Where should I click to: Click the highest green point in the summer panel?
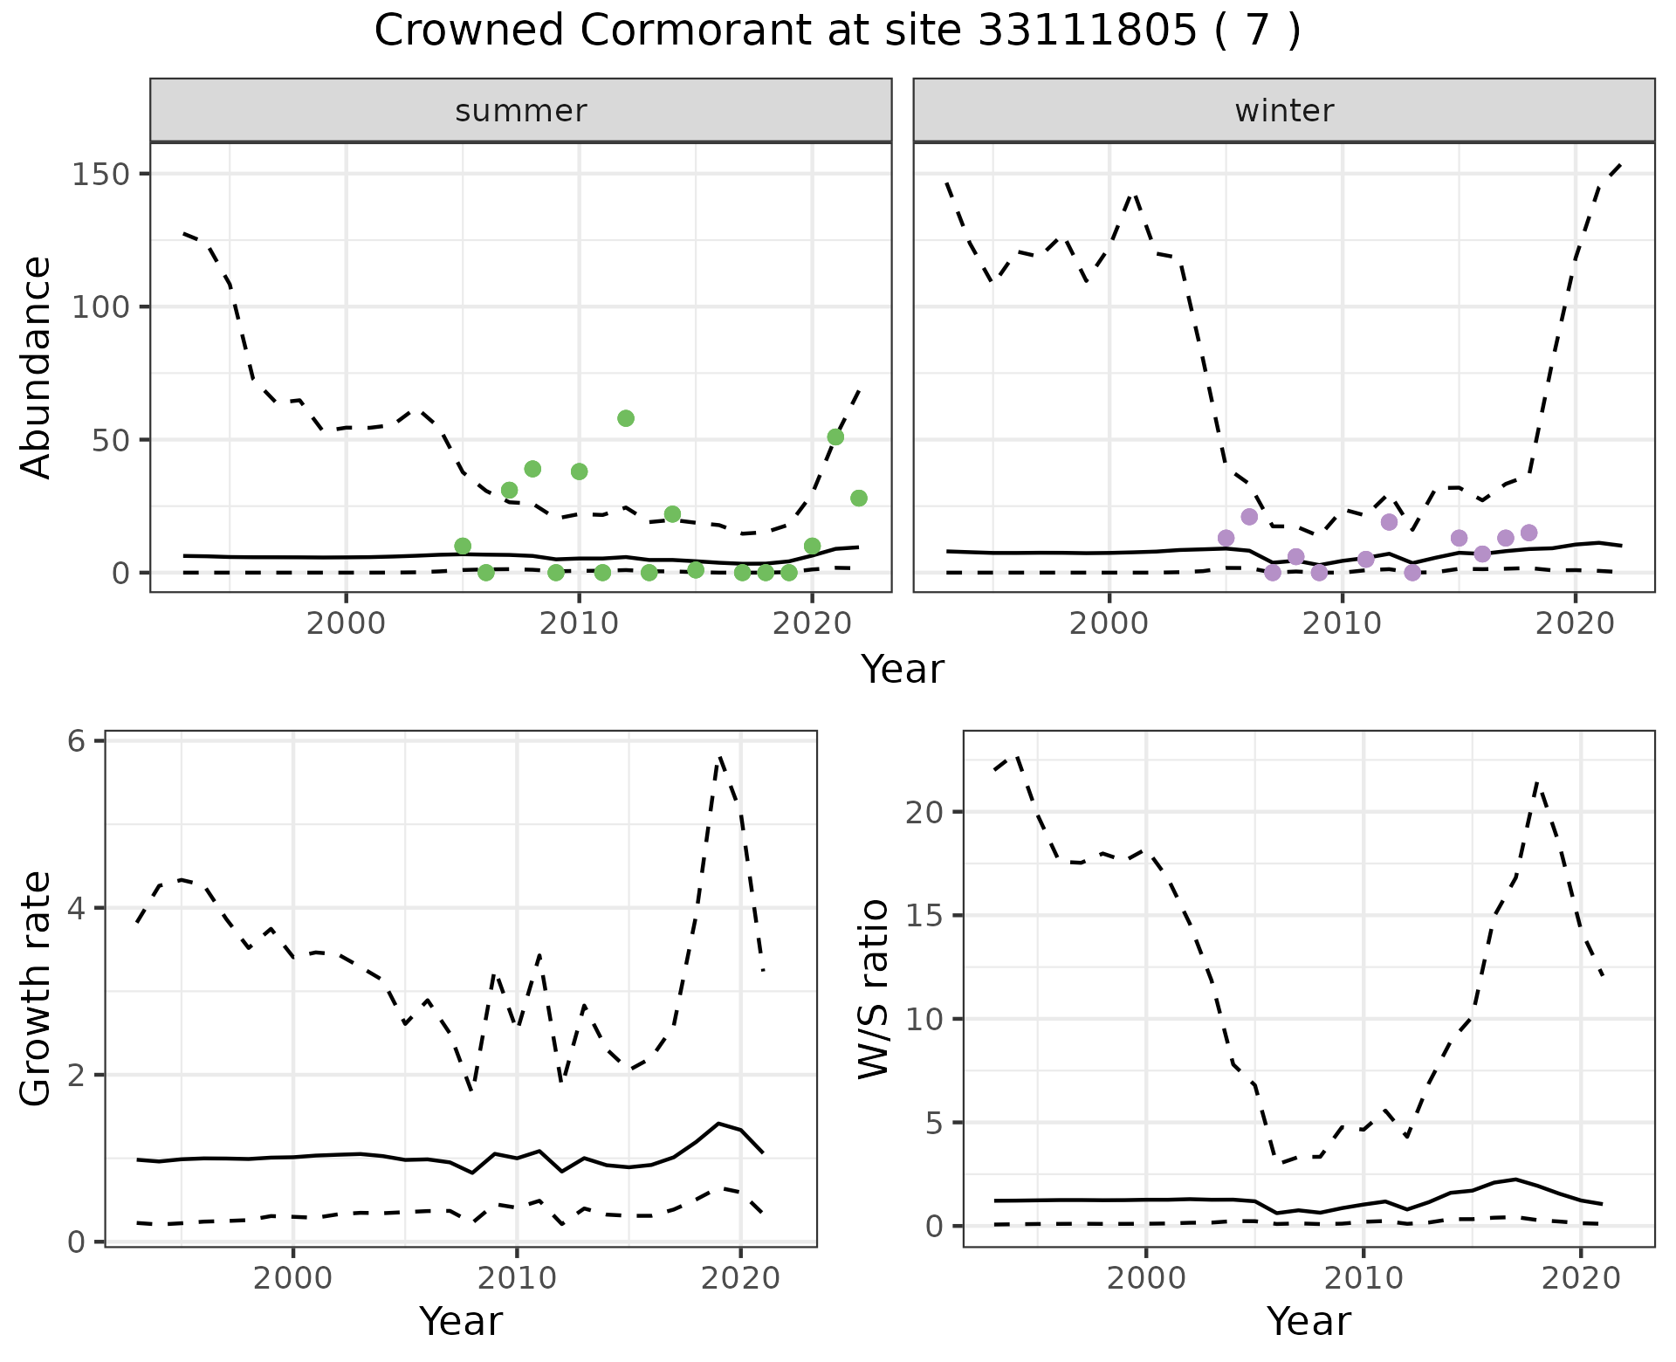(x=625, y=418)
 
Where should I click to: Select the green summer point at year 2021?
(x=835, y=437)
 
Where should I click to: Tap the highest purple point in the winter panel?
(x=1249, y=517)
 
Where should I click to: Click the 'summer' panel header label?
(x=521, y=111)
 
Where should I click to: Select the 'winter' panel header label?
(x=1284, y=111)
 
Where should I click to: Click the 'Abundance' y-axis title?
(x=37, y=368)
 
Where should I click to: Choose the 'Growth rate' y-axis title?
(x=37, y=988)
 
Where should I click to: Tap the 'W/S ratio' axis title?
(x=873, y=988)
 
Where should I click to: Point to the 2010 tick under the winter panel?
(x=1342, y=624)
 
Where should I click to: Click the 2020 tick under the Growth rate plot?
(x=740, y=1279)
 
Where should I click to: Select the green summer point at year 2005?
(x=463, y=546)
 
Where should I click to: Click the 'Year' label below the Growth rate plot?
(x=461, y=1322)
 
